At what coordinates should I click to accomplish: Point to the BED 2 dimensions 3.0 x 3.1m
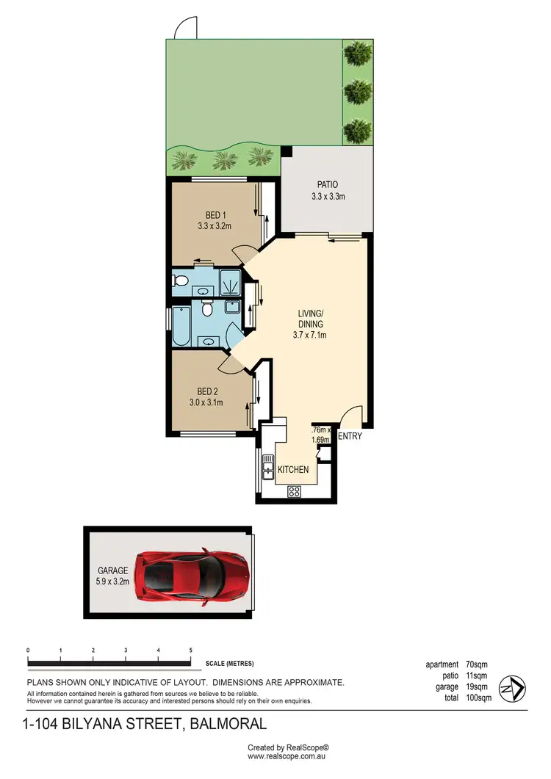[x=210, y=402]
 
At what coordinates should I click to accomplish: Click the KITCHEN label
[x=293, y=470]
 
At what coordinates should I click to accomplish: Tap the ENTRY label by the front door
[x=350, y=436]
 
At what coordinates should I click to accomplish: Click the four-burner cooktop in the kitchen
[x=295, y=491]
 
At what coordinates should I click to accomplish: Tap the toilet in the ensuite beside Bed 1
[x=180, y=280]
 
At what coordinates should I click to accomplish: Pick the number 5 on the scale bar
[x=191, y=651]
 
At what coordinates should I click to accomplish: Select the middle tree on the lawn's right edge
[x=358, y=92]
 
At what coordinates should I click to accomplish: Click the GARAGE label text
[x=113, y=570]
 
